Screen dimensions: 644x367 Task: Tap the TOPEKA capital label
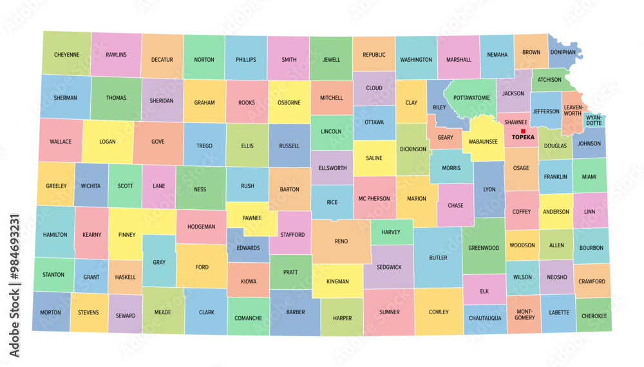(x=523, y=137)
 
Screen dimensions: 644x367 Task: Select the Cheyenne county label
(x=67, y=55)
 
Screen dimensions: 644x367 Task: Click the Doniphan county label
(x=563, y=52)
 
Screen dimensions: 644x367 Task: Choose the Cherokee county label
(x=594, y=316)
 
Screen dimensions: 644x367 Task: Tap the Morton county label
(x=51, y=313)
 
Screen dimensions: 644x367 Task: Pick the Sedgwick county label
(x=388, y=267)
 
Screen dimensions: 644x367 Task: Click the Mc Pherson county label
(x=374, y=198)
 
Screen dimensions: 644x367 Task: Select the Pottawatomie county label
(x=471, y=98)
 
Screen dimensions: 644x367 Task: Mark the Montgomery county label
(x=525, y=314)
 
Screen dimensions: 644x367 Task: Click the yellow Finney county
(x=127, y=235)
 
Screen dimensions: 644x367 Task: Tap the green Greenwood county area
(x=484, y=248)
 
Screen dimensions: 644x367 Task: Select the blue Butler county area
(x=438, y=258)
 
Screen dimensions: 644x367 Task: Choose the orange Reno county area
(x=341, y=241)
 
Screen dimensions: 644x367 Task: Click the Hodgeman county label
(x=201, y=227)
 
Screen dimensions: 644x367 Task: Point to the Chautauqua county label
(x=485, y=318)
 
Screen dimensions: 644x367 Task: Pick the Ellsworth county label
(x=332, y=169)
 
